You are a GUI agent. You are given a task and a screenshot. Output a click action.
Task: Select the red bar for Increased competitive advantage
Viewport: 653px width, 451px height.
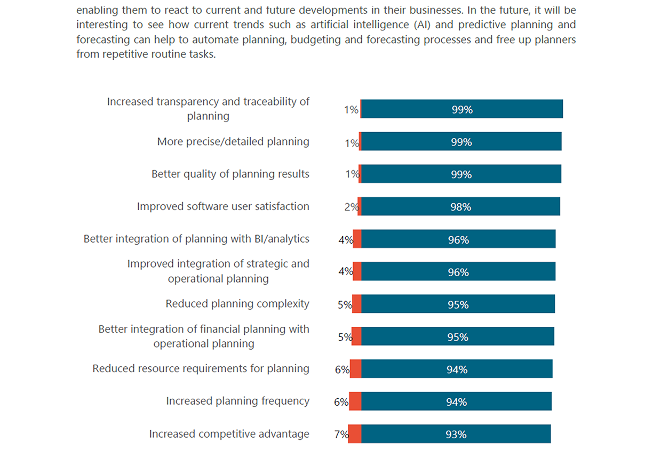pos(355,434)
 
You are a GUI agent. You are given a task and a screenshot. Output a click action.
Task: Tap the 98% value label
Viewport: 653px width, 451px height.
pos(460,207)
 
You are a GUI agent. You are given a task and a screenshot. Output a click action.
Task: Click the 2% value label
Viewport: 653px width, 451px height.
pos(351,207)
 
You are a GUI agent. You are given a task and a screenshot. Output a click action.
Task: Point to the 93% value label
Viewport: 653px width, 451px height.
pos(456,434)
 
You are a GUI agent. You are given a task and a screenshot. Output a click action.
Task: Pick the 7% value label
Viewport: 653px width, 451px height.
pos(341,434)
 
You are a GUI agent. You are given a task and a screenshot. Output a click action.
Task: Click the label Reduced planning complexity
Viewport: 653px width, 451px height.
pos(237,304)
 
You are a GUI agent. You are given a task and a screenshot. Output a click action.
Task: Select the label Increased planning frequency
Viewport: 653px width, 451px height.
pos(237,401)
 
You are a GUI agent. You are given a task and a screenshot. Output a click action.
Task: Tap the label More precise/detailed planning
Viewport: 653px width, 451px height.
pos(233,142)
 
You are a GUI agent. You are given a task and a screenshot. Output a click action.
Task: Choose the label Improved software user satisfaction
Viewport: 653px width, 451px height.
pos(223,206)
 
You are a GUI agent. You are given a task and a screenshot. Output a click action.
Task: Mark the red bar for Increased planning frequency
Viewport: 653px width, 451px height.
pos(355,401)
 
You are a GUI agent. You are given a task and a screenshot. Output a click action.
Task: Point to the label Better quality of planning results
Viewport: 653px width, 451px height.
pos(230,174)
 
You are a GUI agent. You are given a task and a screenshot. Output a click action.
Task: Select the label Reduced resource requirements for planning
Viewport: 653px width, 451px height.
pos(201,368)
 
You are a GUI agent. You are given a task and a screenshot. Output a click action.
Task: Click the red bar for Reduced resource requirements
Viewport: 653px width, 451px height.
pos(356,369)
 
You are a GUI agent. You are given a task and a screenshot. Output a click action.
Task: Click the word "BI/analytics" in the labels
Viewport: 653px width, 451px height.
pos(282,239)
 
